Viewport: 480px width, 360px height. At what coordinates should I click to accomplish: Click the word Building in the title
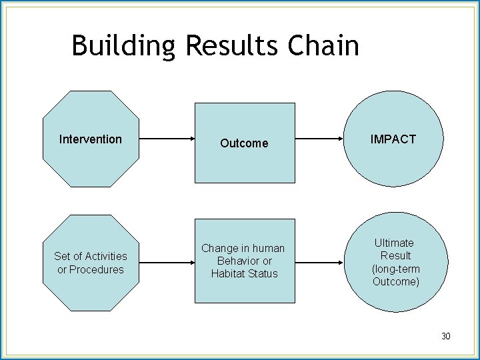click(123, 46)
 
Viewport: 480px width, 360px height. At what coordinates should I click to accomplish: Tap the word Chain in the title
click(324, 46)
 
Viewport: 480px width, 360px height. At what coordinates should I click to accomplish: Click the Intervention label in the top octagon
click(91, 139)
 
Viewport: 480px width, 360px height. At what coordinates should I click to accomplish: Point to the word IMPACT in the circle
click(393, 139)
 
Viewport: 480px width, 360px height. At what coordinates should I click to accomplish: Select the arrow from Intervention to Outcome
click(167, 139)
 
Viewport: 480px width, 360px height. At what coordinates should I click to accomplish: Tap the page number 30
click(445, 336)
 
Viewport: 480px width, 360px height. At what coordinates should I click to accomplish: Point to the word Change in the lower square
click(219, 248)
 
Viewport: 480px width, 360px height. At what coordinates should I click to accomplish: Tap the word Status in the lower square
click(263, 273)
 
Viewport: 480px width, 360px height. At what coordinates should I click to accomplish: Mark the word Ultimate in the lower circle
click(393, 243)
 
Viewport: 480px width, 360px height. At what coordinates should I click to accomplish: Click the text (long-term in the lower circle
click(396, 269)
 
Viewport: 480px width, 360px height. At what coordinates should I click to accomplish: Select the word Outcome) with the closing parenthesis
click(396, 281)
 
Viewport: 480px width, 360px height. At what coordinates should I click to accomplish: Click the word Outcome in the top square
click(244, 143)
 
